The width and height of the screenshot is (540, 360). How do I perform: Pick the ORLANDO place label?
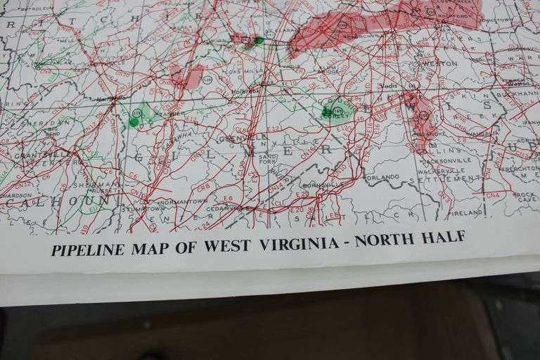click(382, 176)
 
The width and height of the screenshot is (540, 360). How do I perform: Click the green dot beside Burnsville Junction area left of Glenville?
click(134, 122)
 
